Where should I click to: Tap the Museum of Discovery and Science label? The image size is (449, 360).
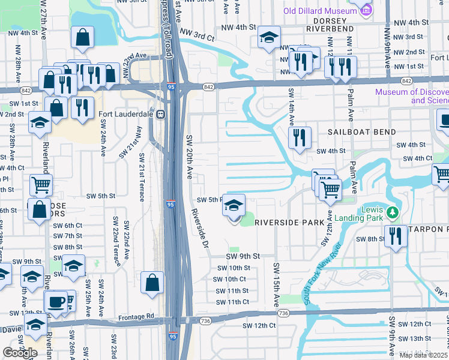(412, 96)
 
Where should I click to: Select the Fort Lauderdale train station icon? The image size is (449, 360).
(160, 115)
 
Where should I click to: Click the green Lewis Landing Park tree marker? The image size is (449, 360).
(393, 212)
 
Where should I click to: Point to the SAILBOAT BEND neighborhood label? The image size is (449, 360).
(361, 131)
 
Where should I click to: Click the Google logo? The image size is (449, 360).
(20, 352)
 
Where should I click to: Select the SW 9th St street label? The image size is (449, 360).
(243, 256)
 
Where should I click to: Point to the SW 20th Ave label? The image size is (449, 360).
(188, 157)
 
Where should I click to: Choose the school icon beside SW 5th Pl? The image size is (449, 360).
(234, 206)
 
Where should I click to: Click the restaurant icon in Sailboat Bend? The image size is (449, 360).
(298, 138)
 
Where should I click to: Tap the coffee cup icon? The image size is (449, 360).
(56, 301)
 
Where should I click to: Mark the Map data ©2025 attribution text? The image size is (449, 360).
(424, 355)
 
